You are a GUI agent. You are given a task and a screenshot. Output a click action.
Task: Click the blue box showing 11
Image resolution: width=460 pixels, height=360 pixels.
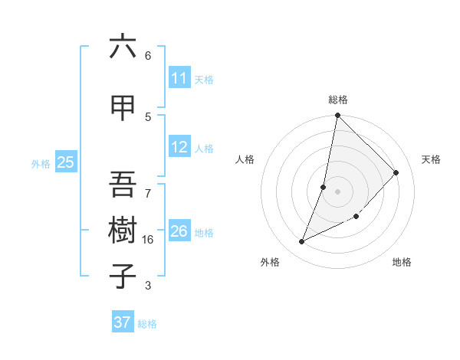179,78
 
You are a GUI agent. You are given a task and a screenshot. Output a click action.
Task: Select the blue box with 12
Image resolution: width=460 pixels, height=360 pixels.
179,147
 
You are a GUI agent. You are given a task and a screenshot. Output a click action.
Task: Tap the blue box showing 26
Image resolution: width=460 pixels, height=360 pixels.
179,231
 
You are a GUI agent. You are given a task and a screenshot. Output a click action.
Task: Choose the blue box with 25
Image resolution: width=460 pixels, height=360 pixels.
65,162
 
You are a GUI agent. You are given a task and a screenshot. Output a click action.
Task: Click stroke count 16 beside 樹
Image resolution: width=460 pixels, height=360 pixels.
148,240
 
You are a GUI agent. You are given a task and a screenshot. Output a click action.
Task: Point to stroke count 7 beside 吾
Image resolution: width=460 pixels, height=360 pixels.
148,185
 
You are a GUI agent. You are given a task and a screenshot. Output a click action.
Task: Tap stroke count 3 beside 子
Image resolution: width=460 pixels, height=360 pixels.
148,286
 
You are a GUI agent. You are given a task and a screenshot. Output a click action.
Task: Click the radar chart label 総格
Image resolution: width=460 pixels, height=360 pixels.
338,100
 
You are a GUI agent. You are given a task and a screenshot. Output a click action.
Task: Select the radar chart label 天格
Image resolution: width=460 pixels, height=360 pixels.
431,159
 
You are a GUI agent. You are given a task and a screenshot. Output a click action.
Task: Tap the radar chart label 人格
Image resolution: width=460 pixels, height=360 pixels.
245,159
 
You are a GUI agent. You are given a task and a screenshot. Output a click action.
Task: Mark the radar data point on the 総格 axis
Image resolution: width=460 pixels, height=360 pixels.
338,115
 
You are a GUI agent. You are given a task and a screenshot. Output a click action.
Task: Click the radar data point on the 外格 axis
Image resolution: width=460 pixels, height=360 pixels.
302,242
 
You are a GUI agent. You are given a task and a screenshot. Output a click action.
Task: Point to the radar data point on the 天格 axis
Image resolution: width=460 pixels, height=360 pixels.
396,172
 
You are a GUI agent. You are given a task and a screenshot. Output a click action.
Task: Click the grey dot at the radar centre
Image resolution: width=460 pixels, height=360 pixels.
338,191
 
